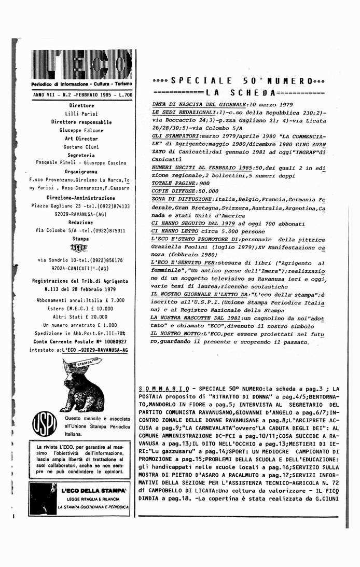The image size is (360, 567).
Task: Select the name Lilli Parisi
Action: (x=81, y=114)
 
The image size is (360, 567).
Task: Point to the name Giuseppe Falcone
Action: (x=81, y=131)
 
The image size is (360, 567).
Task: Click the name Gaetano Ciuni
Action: (x=81, y=147)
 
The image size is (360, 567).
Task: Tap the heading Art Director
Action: (x=81, y=139)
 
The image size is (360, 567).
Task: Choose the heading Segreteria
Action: (x=81, y=155)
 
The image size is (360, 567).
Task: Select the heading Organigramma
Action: (x=81, y=172)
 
